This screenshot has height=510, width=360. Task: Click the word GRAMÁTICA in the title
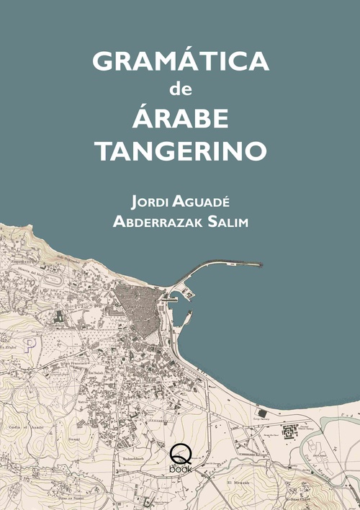point(181,61)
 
